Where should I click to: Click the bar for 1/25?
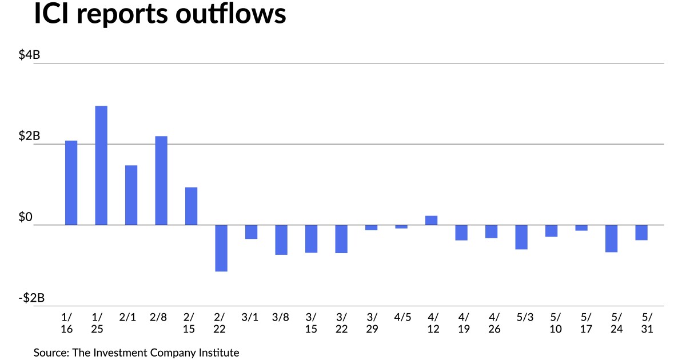[101, 165]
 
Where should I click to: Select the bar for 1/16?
[71, 183]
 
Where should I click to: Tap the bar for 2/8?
[161, 181]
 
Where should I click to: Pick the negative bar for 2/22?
[221, 248]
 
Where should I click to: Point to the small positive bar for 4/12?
[432, 221]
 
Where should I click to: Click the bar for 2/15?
[191, 206]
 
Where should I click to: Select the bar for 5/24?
[612, 238]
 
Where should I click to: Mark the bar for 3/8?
[281, 239]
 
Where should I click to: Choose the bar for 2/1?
[131, 195]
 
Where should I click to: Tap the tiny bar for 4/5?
[401, 227]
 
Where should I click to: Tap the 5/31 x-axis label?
[641, 323]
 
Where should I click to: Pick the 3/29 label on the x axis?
[372, 323]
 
